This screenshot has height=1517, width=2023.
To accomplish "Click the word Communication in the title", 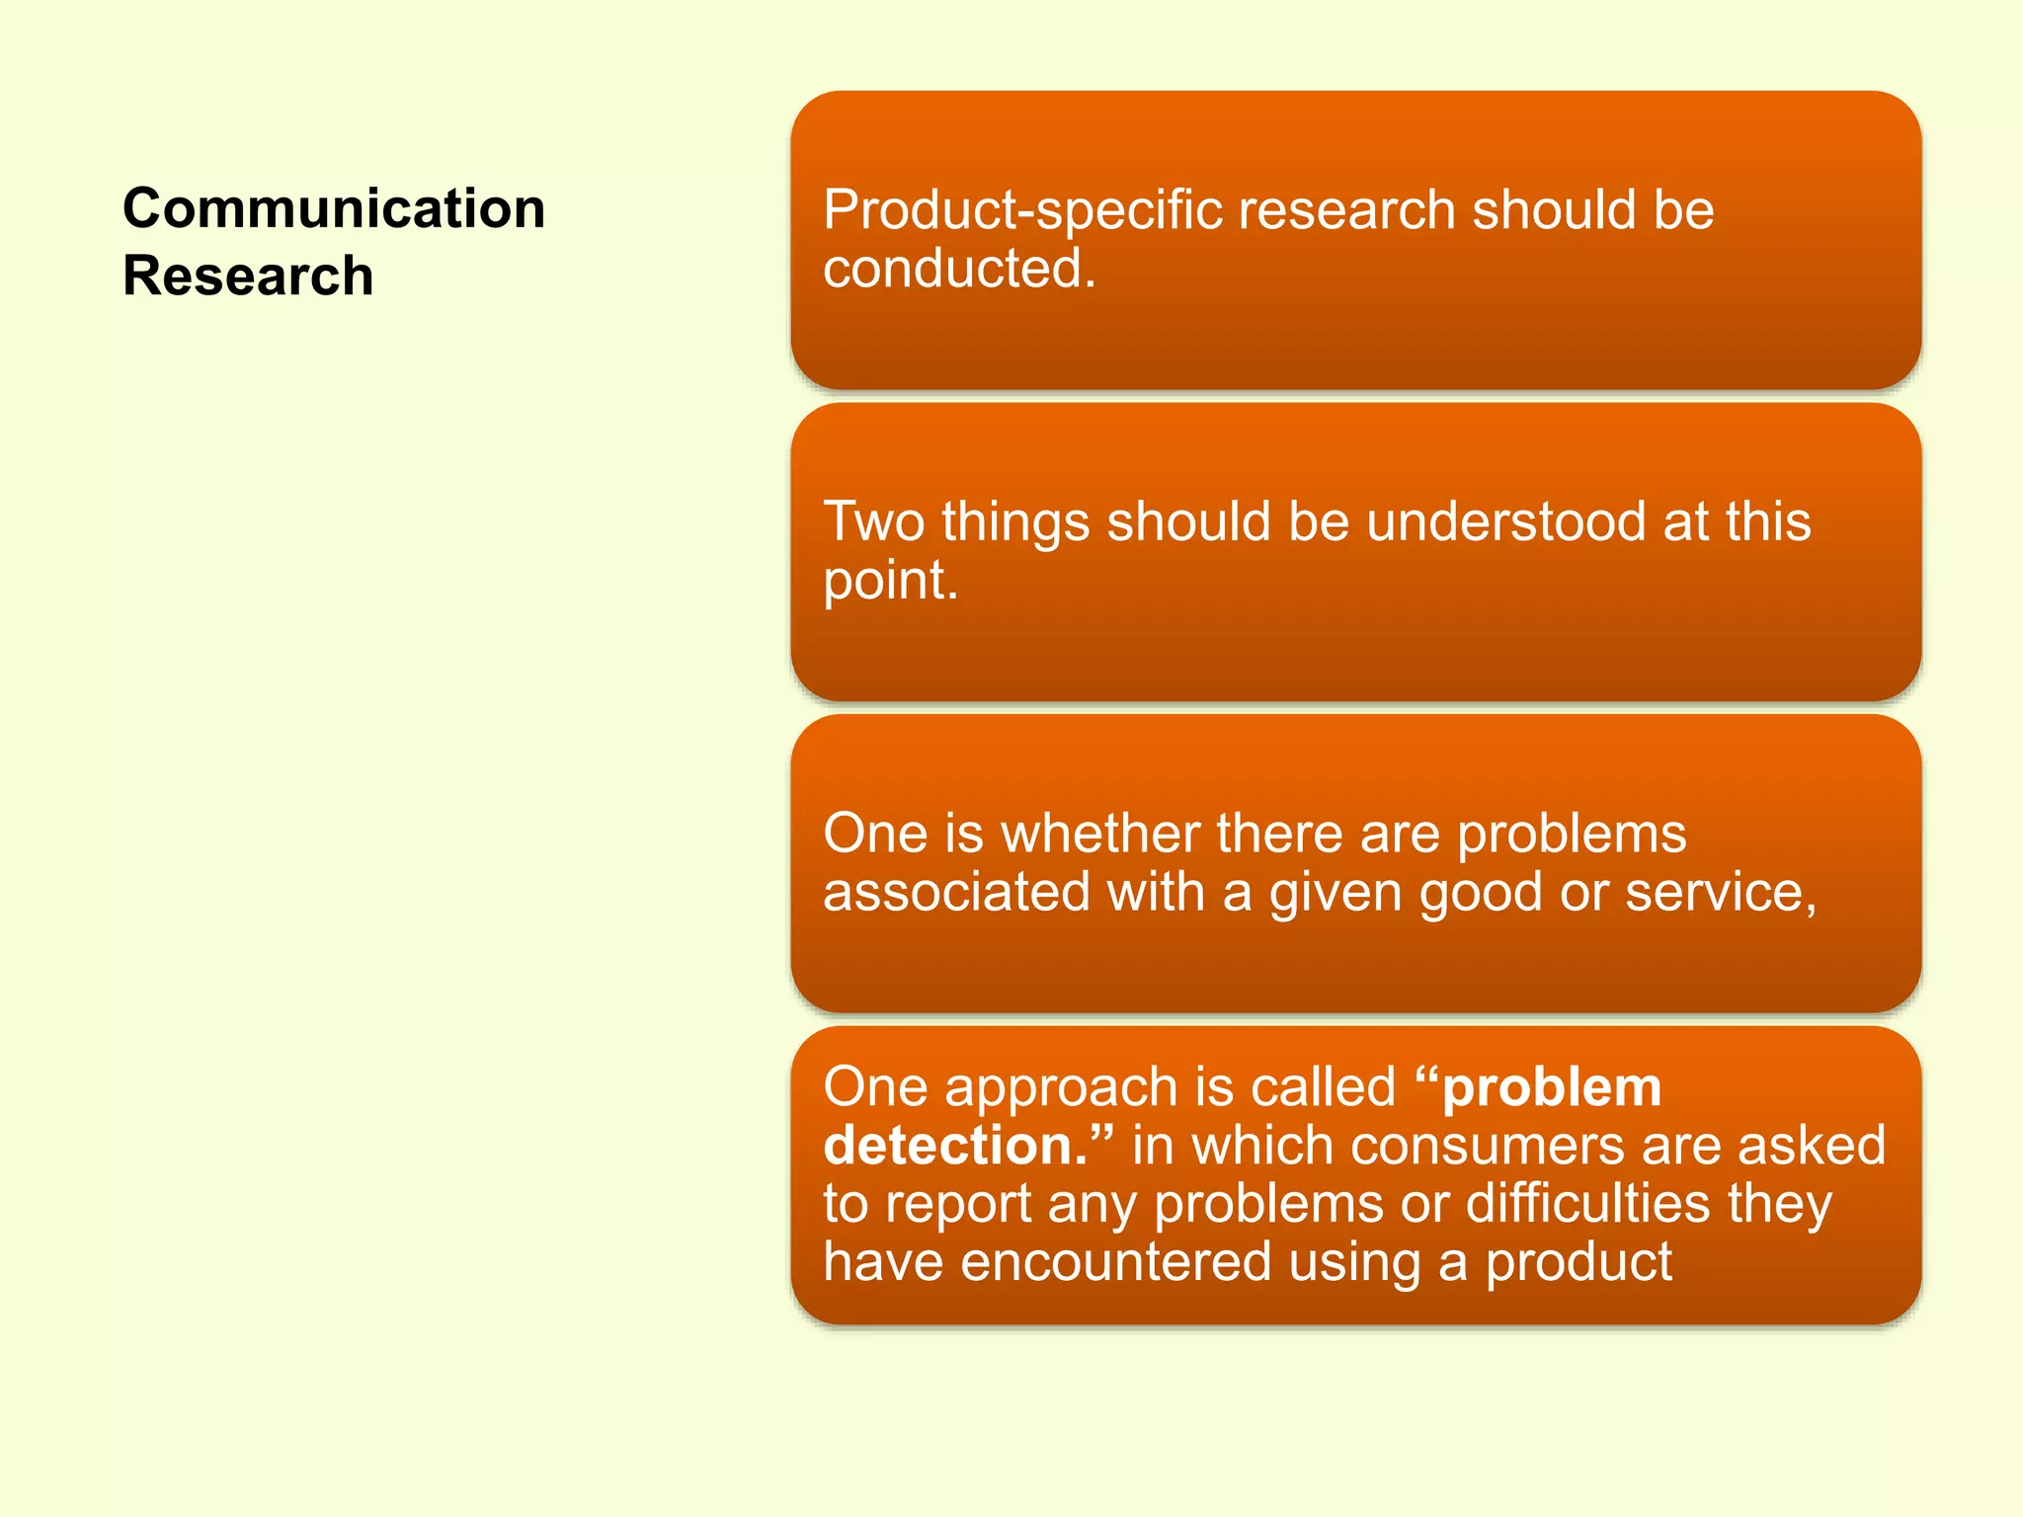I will tap(334, 209).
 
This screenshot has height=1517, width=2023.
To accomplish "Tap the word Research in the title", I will tap(248, 276).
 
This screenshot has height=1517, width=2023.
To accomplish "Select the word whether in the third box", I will tap(1100, 834).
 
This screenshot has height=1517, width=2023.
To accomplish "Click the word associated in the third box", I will tap(956, 893).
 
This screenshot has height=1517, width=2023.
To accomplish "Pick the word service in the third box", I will tap(1719, 893).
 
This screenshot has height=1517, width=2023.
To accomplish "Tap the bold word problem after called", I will tap(1551, 1088).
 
